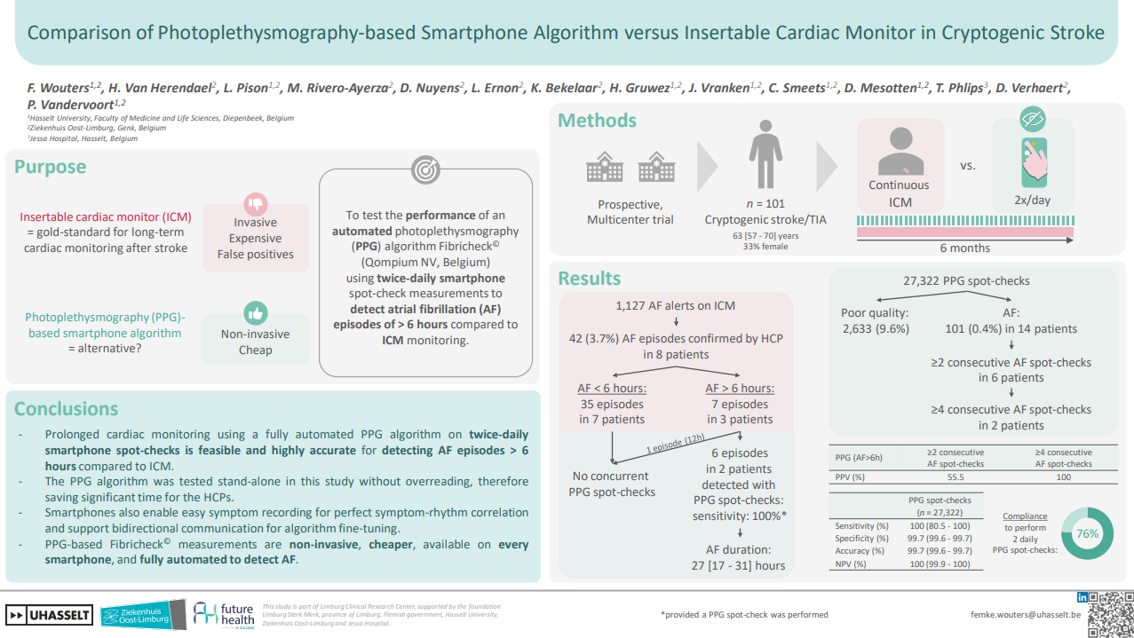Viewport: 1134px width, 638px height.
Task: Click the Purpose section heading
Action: coord(50,167)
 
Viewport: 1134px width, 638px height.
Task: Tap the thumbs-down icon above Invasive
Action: coord(256,202)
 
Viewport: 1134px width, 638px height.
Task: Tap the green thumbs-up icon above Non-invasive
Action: coord(256,312)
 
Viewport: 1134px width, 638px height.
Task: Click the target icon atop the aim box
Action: coord(425,169)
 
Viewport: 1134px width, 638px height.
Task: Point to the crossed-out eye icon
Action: coord(1032,119)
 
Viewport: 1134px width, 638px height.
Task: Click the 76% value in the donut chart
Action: coord(1088,533)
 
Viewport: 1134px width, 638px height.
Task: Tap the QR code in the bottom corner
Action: coord(1111,613)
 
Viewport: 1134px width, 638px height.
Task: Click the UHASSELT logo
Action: coord(48,614)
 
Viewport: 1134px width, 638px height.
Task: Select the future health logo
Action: coord(226,613)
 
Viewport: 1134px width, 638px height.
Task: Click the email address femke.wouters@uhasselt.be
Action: coord(1025,614)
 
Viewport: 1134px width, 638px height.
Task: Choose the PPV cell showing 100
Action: coord(1062,477)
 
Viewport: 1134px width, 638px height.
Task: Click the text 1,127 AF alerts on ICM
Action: coord(675,306)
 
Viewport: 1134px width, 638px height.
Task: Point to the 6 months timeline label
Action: coord(965,248)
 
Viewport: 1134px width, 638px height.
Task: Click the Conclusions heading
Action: coord(66,409)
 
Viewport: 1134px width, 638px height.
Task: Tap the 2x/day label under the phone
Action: coord(1033,201)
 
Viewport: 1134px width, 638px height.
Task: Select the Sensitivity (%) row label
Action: coord(861,525)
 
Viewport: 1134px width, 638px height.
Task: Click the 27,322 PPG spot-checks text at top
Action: coord(966,281)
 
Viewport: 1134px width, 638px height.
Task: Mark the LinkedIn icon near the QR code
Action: coord(1082,598)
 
